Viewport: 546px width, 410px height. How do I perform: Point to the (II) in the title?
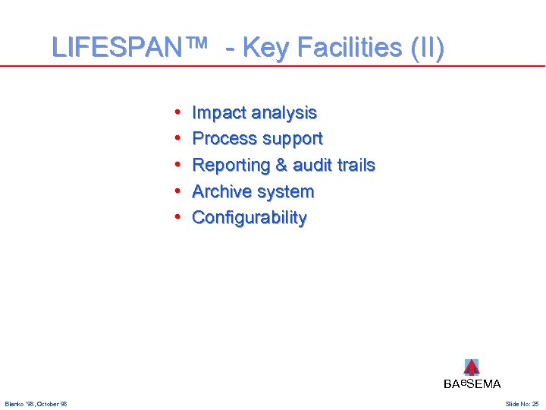coord(427,48)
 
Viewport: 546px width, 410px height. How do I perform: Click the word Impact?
coord(219,113)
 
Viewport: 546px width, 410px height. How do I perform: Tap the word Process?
coord(224,139)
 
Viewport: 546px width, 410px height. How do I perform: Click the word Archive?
coord(221,191)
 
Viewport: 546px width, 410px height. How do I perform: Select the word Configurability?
coord(249,218)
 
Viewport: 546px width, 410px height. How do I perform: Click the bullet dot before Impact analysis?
coord(176,113)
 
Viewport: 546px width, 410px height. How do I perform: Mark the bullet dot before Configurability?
coord(176,218)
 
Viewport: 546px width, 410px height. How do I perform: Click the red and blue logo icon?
coord(471,367)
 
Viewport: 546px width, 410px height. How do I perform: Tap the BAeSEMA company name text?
coord(472,384)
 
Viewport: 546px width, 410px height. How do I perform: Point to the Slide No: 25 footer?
coord(522,404)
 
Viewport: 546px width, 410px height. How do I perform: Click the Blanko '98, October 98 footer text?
coord(36,404)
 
